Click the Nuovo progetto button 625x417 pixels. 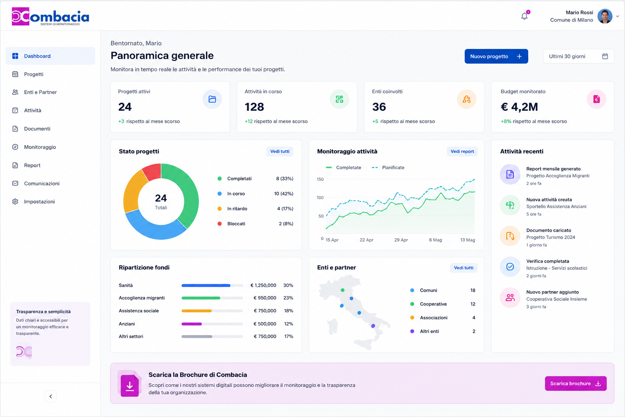(x=496, y=56)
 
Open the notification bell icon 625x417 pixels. (x=524, y=16)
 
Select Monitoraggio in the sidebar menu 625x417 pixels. (x=40, y=147)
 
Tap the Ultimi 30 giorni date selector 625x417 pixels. (x=578, y=56)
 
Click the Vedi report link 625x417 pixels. (x=462, y=151)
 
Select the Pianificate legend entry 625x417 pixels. (x=388, y=168)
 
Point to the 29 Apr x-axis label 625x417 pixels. (x=401, y=240)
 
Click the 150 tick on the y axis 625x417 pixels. (x=320, y=179)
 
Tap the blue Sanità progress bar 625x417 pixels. (x=206, y=285)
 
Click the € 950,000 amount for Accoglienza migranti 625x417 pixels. (x=265, y=298)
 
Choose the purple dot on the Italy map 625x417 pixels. (x=373, y=326)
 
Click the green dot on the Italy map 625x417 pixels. (x=343, y=290)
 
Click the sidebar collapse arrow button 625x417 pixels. (x=50, y=396)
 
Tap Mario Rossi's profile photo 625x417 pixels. (x=605, y=16)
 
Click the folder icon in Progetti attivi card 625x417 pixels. (x=212, y=99)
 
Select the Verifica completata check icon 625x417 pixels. (x=510, y=267)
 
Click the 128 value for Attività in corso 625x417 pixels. (x=254, y=107)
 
